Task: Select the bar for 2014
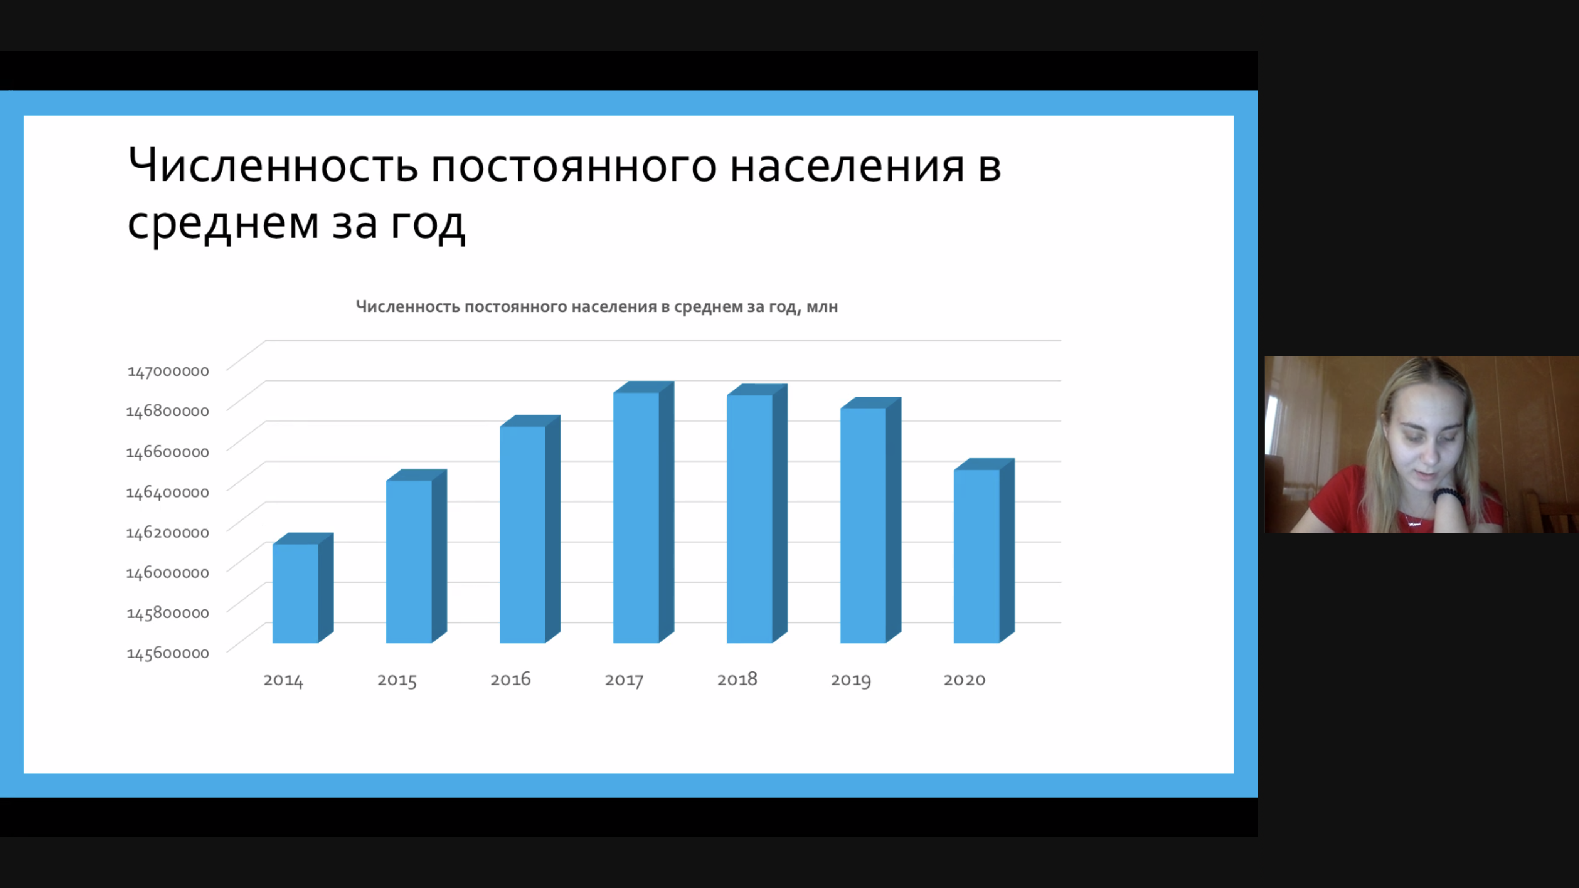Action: point(303,588)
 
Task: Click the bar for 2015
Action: point(416,557)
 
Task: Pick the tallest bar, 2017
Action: point(643,512)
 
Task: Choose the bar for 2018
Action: point(756,513)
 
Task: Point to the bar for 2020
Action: point(984,551)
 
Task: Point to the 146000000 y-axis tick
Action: point(167,572)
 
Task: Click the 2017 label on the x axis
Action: point(624,679)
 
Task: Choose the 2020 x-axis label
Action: point(964,679)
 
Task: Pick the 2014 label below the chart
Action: point(283,679)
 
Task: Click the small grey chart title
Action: point(596,306)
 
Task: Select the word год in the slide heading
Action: point(428,223)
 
